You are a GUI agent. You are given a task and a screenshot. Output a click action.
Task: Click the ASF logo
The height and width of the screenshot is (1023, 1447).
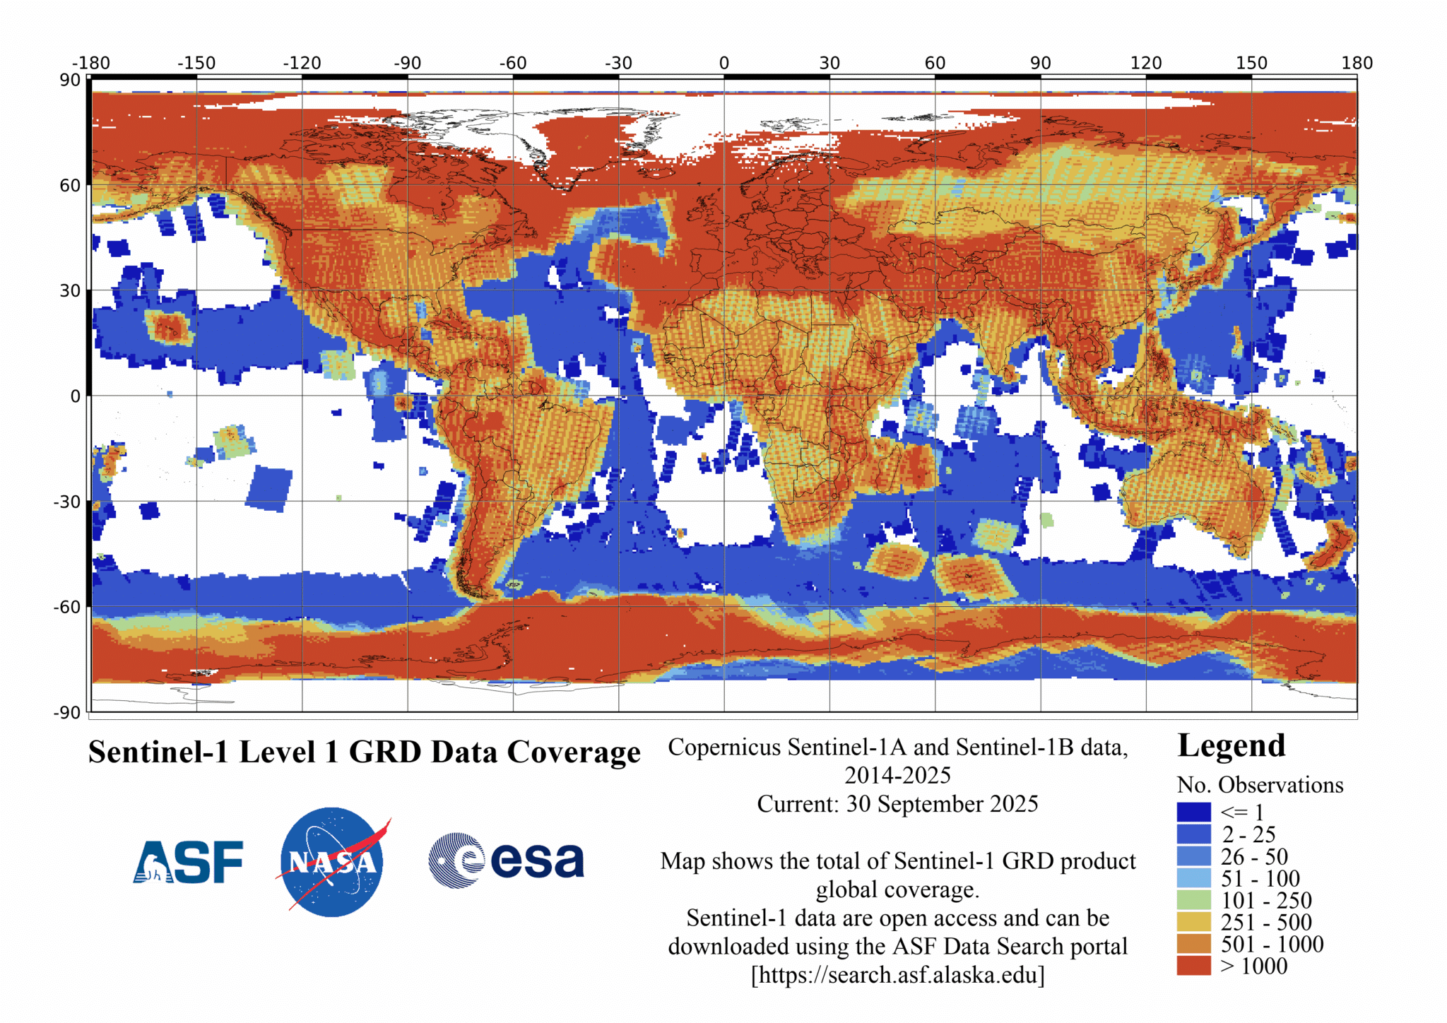pos(188,861)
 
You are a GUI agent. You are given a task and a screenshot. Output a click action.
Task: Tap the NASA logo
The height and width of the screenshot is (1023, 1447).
pos(332,862)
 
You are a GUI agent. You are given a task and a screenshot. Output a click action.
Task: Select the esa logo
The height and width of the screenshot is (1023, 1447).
pos(507,861)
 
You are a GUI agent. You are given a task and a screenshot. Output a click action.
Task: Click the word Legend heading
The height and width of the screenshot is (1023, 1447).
pos(1231,746)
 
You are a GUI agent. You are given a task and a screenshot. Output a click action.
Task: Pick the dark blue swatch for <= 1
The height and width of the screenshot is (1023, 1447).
pos(1193,812)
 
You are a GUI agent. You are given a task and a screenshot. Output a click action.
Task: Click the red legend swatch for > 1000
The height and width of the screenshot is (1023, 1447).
pos(1193,966)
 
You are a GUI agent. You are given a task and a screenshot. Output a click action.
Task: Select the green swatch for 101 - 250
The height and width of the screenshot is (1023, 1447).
pos(1193,900)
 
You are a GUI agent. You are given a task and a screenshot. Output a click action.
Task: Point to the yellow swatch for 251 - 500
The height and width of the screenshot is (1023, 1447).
pos(1193,922)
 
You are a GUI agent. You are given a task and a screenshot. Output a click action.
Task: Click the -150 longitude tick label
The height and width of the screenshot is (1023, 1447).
pos(196,63)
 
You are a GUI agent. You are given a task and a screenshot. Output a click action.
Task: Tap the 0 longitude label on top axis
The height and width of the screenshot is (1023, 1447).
pos(724,63)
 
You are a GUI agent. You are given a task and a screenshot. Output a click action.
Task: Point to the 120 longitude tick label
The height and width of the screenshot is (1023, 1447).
pos(1145,63)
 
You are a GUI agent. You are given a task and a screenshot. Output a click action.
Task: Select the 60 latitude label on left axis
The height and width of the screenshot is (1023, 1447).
pos(70,185)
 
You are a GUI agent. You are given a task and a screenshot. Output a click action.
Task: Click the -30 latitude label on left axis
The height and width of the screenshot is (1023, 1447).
pos(67,502)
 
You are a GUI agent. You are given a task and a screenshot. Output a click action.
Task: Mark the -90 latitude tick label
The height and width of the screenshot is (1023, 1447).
pos(67,712)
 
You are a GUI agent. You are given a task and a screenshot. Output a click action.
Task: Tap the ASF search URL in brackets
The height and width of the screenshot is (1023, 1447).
pos(897,975)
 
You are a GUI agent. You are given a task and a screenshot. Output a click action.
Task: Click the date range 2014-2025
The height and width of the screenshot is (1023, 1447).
pos(897,775)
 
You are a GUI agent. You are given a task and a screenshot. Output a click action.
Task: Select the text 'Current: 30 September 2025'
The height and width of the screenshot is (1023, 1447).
pos(897,804)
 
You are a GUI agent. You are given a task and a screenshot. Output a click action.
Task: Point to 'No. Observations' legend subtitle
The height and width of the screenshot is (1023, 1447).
pos(1260,785)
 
